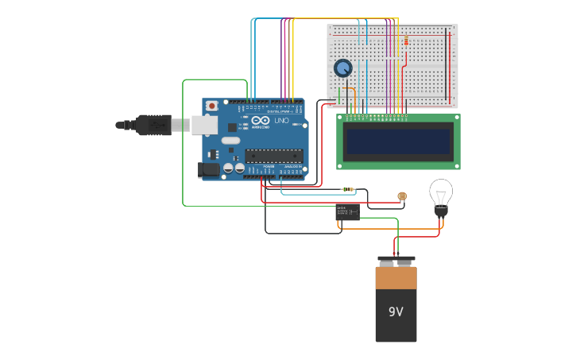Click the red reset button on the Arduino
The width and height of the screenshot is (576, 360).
(212, 106)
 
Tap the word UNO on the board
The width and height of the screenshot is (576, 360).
(281, 121)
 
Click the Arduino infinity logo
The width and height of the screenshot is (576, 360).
(261, 120)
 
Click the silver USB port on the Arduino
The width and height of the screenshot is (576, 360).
(204, 125)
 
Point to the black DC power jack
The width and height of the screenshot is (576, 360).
(208, 169)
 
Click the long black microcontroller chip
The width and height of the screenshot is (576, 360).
(273, 155)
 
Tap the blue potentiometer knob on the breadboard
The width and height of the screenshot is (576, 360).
(343, 68)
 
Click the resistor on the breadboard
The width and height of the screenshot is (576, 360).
(406, 41)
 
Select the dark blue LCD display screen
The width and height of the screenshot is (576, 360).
(398, 141)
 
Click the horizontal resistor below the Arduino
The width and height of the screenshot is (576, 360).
(347, 189)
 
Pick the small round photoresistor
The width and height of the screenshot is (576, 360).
(402, 195)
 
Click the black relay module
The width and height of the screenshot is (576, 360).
(347, 211)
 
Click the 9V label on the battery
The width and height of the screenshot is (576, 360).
(396, 312)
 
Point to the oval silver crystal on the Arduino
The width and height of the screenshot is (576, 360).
(230, 141)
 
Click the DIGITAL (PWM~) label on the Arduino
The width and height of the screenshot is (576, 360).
(278, 112)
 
